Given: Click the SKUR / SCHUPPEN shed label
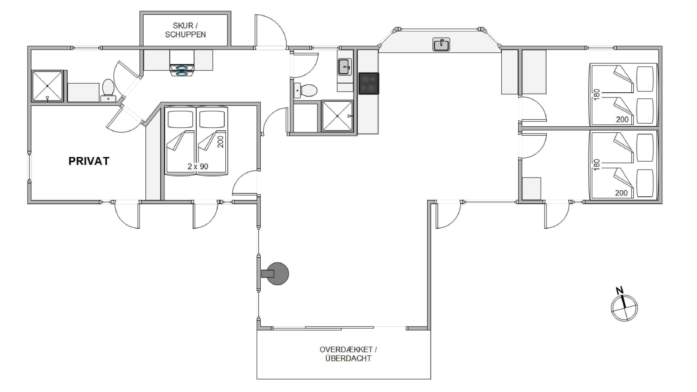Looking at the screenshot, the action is [x=185, y=30].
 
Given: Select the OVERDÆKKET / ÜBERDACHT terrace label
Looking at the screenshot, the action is [x=348, y=354].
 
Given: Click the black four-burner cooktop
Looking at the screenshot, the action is [x=369, y=83].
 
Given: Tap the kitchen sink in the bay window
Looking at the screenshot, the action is [x=441, y=44].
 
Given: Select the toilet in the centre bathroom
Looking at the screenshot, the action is [x=308, y=90].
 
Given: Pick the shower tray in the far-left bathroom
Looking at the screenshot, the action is [x=47, y=86].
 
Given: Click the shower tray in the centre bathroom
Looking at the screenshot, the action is [x=337, y=116].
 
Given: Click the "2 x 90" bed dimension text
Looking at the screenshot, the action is [x=198, y=166].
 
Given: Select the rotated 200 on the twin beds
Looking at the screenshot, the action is [x=220, y=142].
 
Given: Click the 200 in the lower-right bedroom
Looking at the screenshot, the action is [x=621, y=193].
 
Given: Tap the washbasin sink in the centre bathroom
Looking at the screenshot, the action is [x=345, y=67].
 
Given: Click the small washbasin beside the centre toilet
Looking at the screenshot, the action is [x=297, y=91].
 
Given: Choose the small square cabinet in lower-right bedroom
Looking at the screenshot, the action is [x=531, y=189].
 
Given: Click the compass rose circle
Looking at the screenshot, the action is [x=625, y=308].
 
